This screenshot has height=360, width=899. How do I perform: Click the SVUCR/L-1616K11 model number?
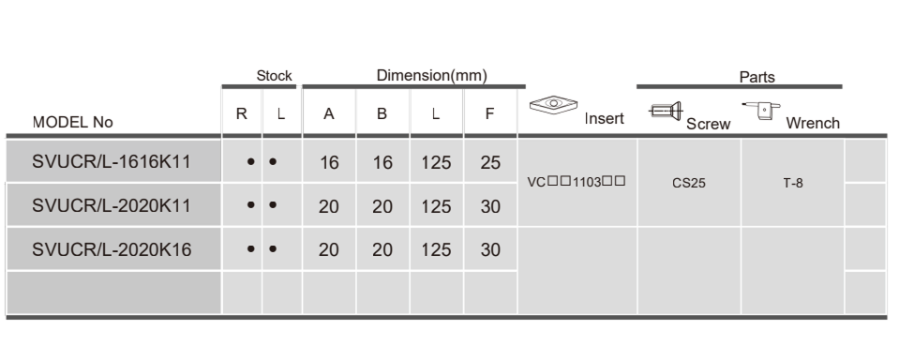tap(112, 161)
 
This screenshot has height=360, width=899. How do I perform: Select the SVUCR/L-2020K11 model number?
tap(112, 205)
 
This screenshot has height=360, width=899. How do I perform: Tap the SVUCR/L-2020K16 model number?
tap(112, 249)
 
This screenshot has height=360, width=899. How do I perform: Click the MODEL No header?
tap(73, 122)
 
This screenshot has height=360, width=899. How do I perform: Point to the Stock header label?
tap(274, 76)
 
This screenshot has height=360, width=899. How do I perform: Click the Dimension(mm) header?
tap(432, 76)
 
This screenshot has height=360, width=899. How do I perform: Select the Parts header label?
tap(757, 77)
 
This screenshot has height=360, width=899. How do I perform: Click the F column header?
tap(489, 113)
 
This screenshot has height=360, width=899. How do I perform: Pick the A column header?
tap(328, 113)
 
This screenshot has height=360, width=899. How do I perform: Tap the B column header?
tap(382, 113)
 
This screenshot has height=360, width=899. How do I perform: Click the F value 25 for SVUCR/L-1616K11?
tap(490, 163)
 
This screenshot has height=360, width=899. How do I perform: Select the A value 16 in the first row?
tap(329, 163)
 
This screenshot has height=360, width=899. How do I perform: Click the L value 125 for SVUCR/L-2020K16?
tap(436, 250)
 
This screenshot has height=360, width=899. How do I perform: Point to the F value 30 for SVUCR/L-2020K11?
tap(490, 206)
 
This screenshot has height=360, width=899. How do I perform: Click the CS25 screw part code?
tap(689, 183)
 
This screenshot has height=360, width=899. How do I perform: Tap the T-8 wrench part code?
tap(793, 183)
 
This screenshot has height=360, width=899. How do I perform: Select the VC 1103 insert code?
tap(577, 182)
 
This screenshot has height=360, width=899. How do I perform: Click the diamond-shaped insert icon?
tap(553, 104)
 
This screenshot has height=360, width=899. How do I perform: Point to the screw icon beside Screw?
tap(666, 110)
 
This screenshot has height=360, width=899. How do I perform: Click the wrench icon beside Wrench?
tap(761, 110)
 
